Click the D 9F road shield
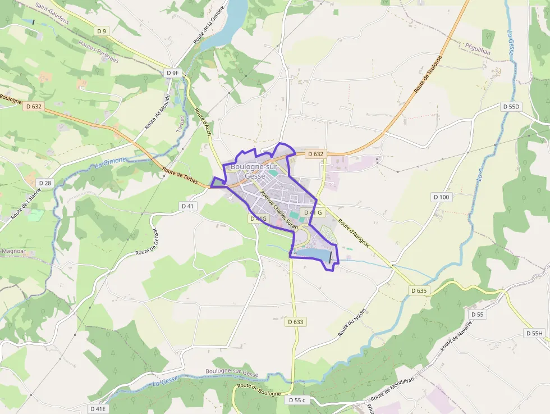point(172,72)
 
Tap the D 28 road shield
point(45,183)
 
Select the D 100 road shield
point(442,197)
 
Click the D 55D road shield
point(511,106)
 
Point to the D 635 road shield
point(419,290)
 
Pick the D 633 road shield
point(296,322)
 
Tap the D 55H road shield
point(534,333)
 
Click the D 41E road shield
point(98,408)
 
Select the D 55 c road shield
point(297,400)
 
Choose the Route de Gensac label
point(148,246)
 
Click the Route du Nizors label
point(352,322)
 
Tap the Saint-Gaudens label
point(52,14)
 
